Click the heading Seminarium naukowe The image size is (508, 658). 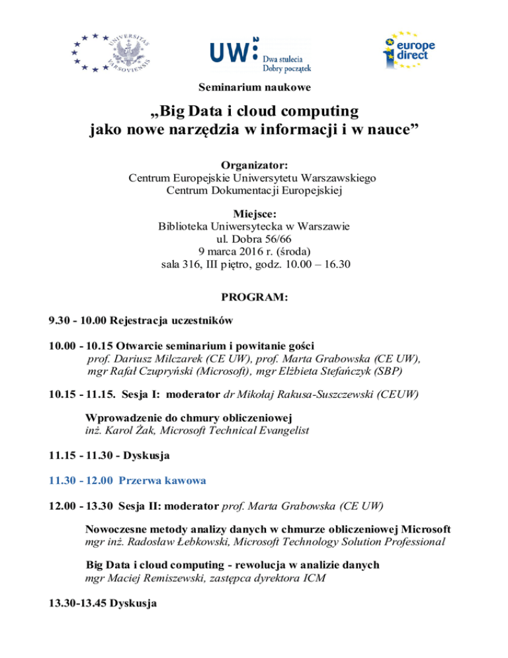(x=255, y=87)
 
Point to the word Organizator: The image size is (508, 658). (x=255, y=165)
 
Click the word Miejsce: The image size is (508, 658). (x=255, y=214)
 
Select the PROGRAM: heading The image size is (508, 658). (x=255, y=299)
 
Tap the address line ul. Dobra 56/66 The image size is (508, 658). (x=255, y=239)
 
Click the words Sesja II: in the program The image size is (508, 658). (x=138, y=505)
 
